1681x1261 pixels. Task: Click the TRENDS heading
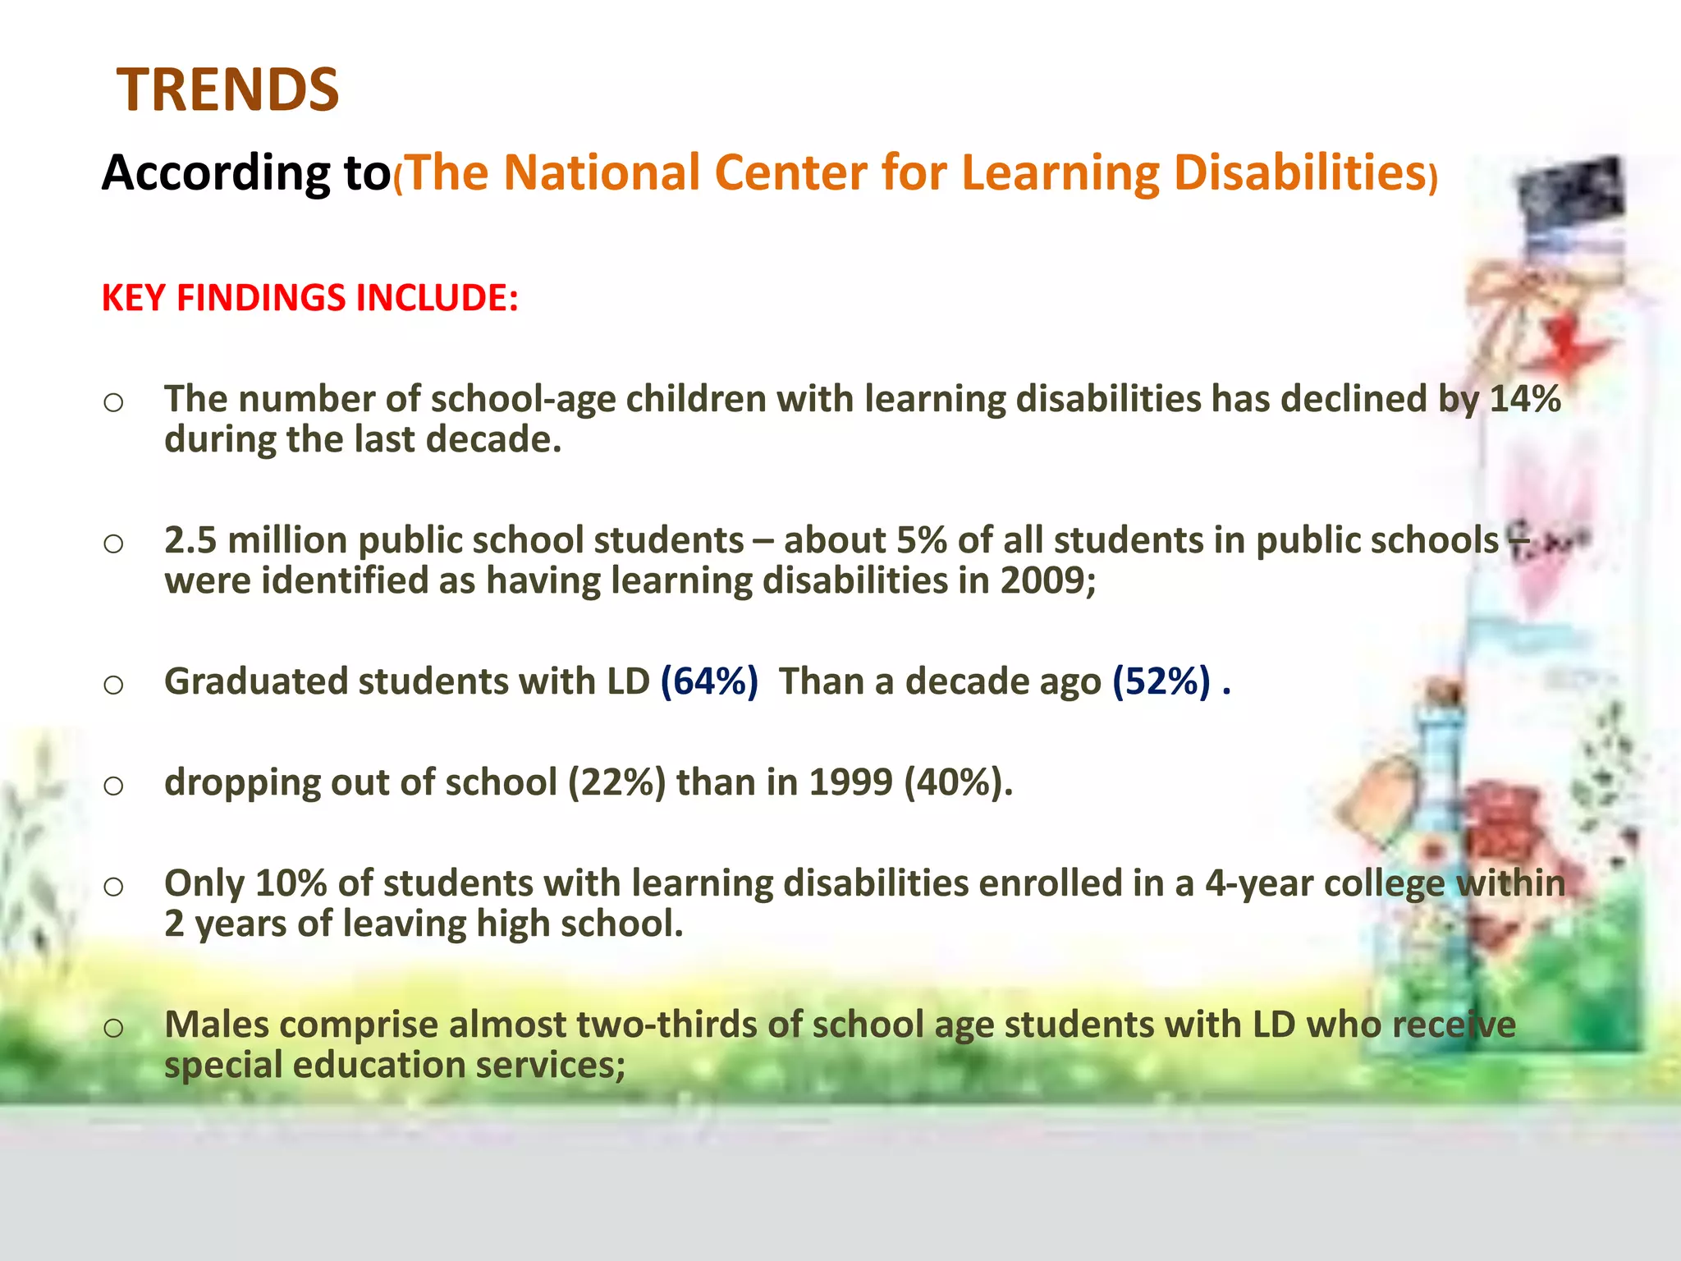[227, 89]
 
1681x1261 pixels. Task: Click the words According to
[246, 173]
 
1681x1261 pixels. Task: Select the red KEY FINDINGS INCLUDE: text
[309, 297]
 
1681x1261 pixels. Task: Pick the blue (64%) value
[709, 681]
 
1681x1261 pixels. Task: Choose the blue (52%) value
[1161, 681]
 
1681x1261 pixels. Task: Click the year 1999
[850, 782]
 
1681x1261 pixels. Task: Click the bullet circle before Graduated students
[113, 684]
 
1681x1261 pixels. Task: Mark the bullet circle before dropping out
[113, 785]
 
